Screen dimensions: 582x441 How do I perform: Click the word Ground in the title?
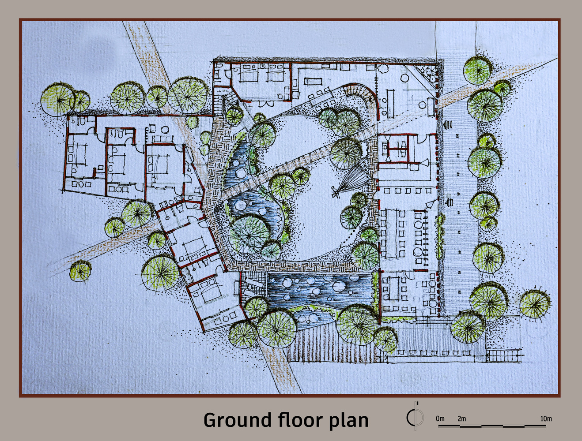237,420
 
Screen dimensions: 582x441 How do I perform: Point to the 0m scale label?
440,419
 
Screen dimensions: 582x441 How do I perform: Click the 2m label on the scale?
461,419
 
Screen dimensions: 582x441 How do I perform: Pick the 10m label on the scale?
546,419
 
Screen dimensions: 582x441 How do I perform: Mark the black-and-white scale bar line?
492,426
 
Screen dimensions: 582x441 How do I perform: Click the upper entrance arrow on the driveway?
448,124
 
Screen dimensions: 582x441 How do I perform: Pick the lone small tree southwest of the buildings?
81,271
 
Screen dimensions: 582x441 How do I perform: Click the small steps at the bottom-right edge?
498,355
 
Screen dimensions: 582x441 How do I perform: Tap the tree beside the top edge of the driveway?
478,70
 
